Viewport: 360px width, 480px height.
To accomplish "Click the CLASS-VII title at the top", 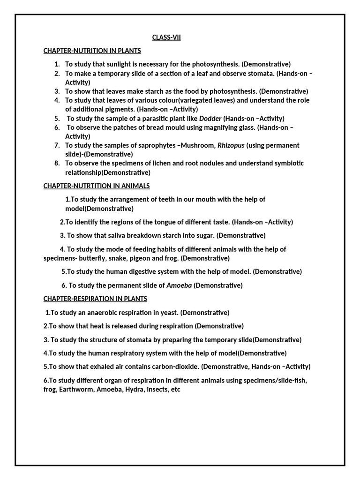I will point(166,37).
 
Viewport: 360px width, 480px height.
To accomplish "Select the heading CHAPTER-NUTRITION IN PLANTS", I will point(92,51).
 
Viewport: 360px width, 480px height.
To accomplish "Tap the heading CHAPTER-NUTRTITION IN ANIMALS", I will point(97,186).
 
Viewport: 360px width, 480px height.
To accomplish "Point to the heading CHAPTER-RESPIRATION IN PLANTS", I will point(95,299).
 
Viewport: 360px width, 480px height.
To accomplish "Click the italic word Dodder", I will point(210,119).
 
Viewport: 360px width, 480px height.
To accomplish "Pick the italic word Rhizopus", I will point(231,145).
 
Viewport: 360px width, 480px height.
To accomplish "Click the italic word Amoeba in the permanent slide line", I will point(179,285).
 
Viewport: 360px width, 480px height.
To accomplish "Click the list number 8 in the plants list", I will point(57,163).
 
